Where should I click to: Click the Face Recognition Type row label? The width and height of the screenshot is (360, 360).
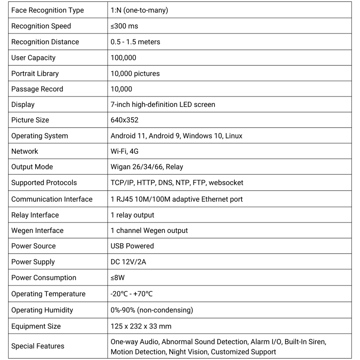(48, 10)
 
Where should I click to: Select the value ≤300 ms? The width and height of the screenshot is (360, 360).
(124, 26)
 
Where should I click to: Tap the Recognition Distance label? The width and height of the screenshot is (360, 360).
(45, 42)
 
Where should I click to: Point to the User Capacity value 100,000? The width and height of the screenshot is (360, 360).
(123, 58)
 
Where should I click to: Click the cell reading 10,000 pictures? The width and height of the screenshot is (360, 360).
(135, 73)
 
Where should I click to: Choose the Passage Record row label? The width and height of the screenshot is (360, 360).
(37, 89)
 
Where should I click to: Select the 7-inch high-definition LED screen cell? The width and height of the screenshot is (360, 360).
(163, 105)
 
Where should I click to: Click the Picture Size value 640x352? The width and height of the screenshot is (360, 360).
(124, 120)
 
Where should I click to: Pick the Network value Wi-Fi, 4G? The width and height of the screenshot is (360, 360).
(124, 151)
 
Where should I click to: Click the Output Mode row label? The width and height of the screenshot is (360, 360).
(32, 167)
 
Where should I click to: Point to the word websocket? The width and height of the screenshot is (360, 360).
(226, 183)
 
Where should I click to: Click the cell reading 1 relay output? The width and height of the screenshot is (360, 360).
(132, 215)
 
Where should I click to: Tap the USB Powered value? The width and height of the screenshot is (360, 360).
(132, 246)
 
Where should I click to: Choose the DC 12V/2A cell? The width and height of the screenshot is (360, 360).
(128, 262)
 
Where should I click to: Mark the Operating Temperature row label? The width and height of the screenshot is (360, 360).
(48, 294)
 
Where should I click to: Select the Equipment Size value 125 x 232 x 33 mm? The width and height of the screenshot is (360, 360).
(141, 326)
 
